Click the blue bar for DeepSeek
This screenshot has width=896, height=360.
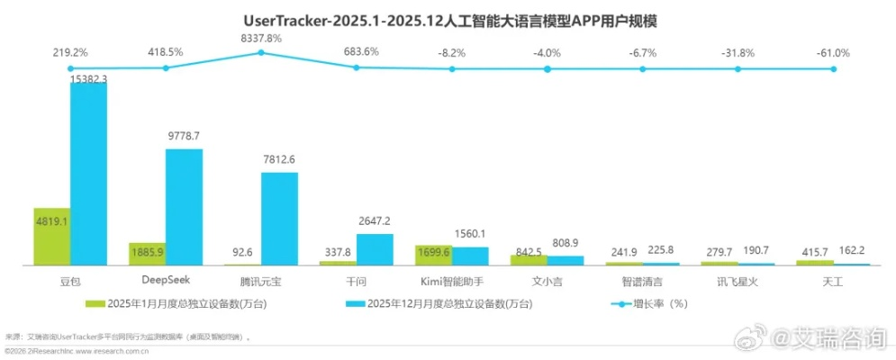pos(184,207)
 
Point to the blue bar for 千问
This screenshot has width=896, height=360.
pos(375,249)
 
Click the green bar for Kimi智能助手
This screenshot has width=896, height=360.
pos(432,256)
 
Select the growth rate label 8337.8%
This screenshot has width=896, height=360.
pos(261,38)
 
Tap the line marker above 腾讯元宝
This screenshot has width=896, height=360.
pos(261,53)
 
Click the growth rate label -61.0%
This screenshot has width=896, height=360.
pos(834,52)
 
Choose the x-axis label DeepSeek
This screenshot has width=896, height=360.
pos(166,281)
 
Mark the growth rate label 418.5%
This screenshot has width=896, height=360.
pos(166,52)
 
